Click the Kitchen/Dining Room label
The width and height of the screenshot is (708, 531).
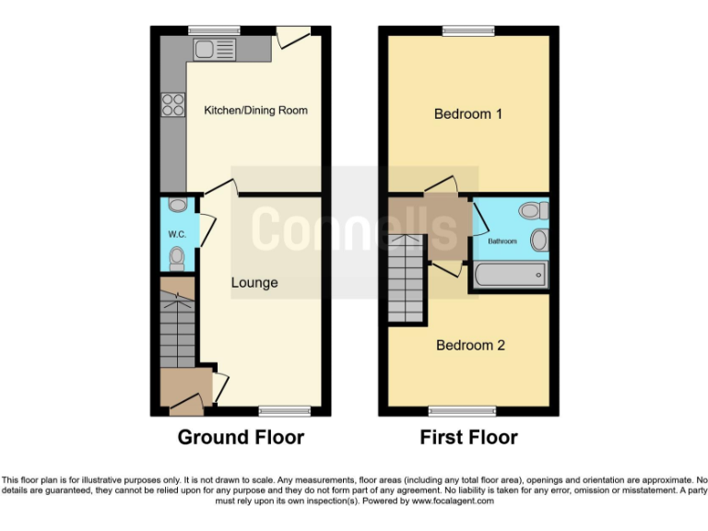click(x=255, y=111)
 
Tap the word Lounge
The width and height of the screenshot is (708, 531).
click(x=254, y=282)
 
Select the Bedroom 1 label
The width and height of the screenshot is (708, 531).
click(x=468, y=114)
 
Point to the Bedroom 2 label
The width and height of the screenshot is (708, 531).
click(x=470, y=345)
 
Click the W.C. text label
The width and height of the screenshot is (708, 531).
click(x=177, y=234)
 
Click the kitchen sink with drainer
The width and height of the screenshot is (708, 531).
click(x=214, y=49)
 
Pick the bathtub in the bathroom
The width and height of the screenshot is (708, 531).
click(x=510, y=275)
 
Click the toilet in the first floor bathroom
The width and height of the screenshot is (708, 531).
click(x=532, y=211)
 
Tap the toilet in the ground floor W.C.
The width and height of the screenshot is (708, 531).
click(x=177, y=257)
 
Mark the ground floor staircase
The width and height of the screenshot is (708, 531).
click(x=177, y=328)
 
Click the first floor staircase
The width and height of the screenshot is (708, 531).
click(x=407, y=277)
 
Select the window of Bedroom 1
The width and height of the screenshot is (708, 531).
click(x=468, y=30)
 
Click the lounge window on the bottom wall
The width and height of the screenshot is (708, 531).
click(x=277, y=410)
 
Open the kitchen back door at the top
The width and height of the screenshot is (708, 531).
click(x=294, y=36)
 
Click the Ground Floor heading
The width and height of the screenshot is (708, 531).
click(x=241, y=437)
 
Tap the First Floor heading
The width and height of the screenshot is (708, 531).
click(x=468, y=437)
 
